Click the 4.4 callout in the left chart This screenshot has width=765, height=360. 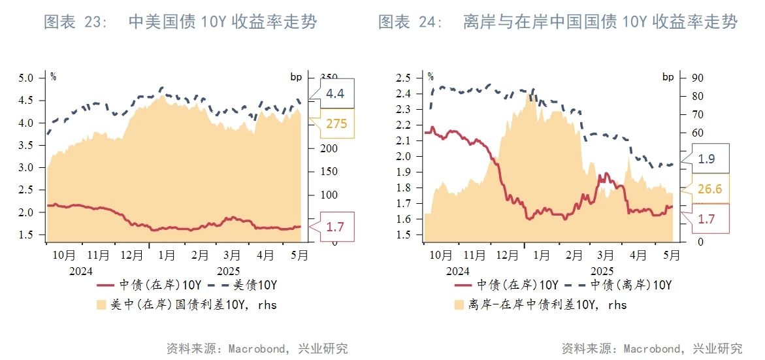(335, 94)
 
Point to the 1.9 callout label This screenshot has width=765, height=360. (707, 159)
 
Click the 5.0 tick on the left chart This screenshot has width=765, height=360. (25, 78)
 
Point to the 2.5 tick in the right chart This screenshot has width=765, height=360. (403, 78)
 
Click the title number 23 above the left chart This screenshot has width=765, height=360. (95, 22)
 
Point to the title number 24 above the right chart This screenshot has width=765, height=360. (430, 22)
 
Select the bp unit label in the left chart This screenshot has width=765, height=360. (297, 77)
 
